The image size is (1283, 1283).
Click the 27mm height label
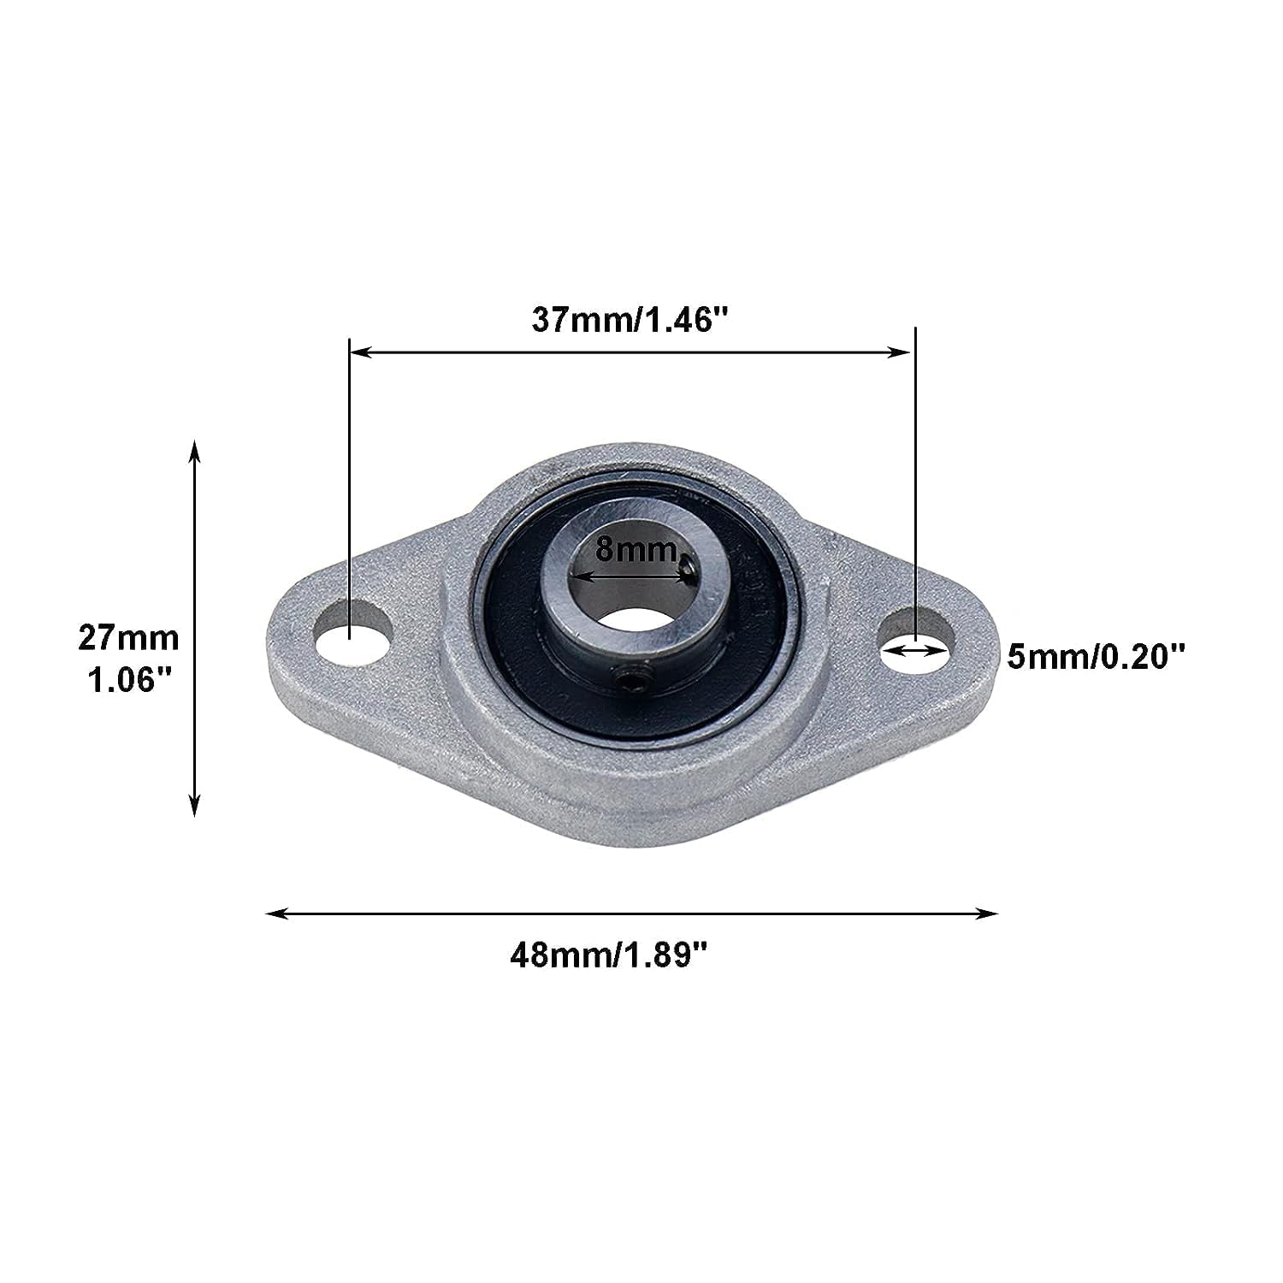click(128, 638)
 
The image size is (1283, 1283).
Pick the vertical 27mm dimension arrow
click(195, 629)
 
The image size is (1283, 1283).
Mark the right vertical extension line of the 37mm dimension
click(916, 479)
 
